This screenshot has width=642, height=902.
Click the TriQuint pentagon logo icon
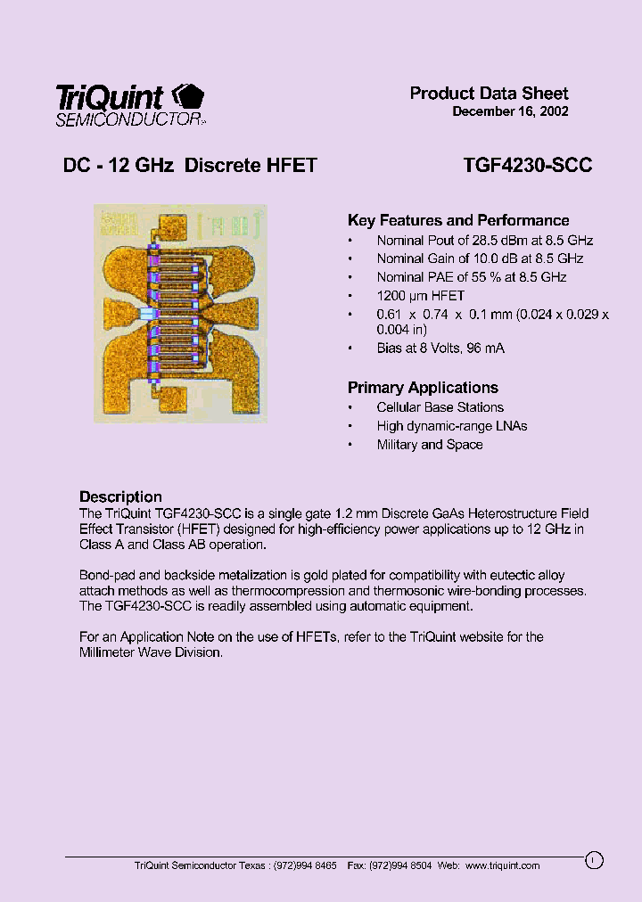[x=186, y=96]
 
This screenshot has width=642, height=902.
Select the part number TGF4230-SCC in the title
[x=528, y=165]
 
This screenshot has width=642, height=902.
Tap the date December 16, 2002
[x=510, y=112]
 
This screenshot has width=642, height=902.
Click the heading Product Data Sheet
[x=489, y=94]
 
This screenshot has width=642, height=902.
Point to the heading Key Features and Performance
[x=458, y=220]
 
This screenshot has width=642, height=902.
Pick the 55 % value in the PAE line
[x=487, y=277]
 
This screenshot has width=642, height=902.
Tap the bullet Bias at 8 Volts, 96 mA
[x=440, y=348]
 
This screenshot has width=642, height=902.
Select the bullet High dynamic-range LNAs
[x=452, y=426]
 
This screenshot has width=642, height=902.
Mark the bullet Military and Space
[x=430, y=445]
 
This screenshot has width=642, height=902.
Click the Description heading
[x=120, y=496]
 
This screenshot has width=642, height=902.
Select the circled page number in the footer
[x=595, y=860]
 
